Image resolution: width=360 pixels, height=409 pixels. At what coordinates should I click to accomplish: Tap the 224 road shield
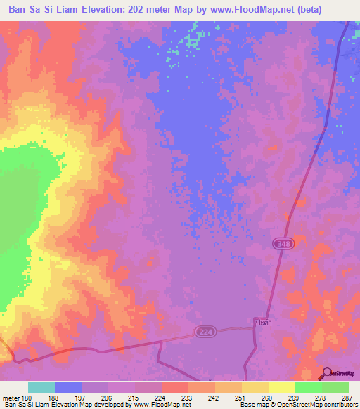click(x=205, y=331)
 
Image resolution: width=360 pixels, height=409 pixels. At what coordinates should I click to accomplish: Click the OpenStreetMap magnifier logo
click(x=327, y=373)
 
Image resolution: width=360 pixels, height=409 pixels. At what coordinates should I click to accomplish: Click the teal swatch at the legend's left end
click(x=41, y=388)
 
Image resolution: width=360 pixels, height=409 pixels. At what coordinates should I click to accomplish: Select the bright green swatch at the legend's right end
click(x=335, y=388)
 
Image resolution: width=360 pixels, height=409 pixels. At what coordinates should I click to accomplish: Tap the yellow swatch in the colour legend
click(x=282, y=388)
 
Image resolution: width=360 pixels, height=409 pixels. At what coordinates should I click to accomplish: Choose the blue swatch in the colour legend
click(x=68, y=388)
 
